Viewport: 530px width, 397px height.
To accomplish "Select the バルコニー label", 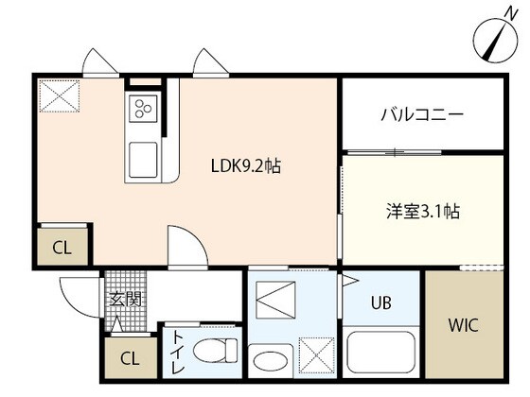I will click(422, 114).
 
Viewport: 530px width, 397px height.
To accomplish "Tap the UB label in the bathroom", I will click(380, 303).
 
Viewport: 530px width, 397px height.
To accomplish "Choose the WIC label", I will click(463, 325).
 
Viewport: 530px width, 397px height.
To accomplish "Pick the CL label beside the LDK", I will click(61, 250).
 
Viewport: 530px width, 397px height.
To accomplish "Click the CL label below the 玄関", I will click(131, 359).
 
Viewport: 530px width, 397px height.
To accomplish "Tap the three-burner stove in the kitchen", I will click(144, 109).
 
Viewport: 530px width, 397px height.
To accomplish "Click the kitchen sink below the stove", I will click(145, 159).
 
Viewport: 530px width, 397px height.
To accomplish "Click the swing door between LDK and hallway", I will click(185, 248).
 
